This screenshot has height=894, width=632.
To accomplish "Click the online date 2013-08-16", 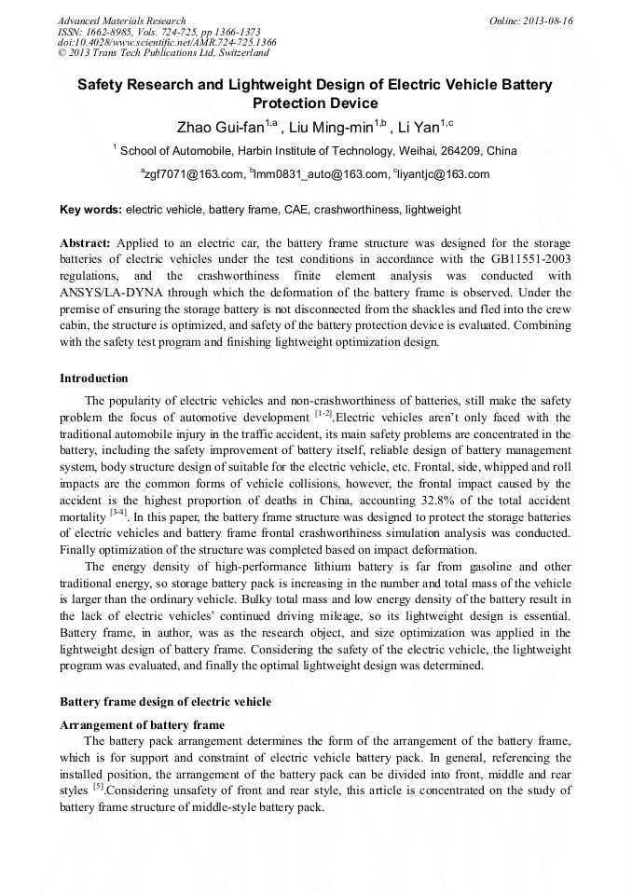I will tap(549, 21).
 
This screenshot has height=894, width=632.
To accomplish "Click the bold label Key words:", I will tap(89, 211).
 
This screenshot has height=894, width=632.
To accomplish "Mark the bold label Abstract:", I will tap(86, 242).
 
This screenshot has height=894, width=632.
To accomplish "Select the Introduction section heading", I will tap(94, 378).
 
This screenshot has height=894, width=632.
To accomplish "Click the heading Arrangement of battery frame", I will tap(142, 724).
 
